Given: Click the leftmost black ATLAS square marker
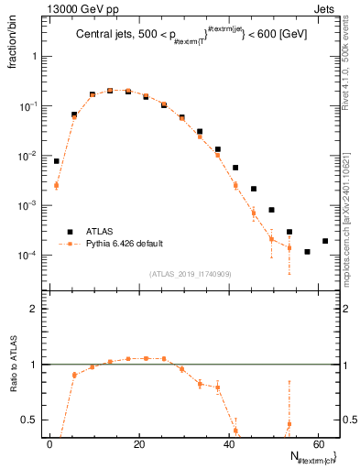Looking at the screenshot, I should coord(57,161).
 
